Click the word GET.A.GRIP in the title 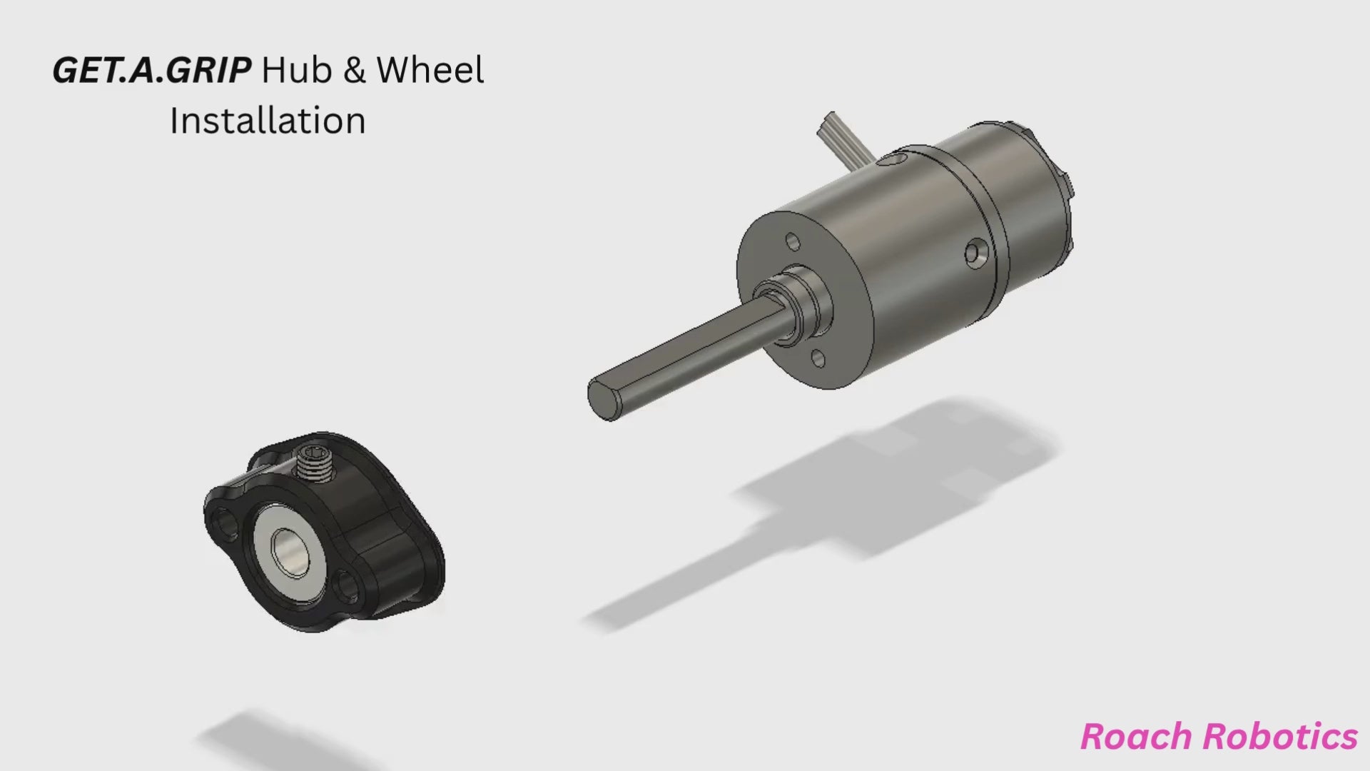[x=151, y=71]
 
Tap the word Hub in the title [x=296, y=70]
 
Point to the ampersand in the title [x=354, y=71]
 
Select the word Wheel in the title [x=430, y=70]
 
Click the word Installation [x=268, y=121]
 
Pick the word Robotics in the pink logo [x=1279, y=737]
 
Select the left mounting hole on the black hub [x=225, y=522]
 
